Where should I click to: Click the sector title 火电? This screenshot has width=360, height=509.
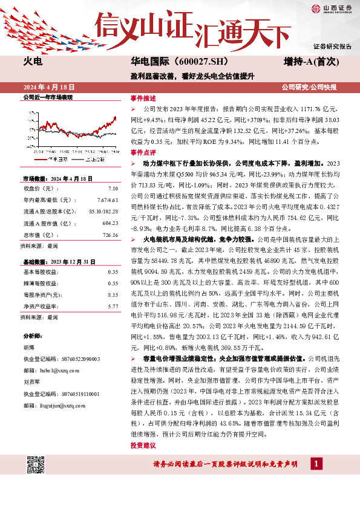(x=33, y=62)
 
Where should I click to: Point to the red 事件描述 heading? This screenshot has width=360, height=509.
(x=143, y=98)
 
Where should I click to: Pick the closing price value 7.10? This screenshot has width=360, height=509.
(x=113, y=189)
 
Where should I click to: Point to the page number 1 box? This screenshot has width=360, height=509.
(x=316, y=463)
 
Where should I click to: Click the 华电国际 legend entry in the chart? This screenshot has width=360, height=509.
(x=53, y=158)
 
